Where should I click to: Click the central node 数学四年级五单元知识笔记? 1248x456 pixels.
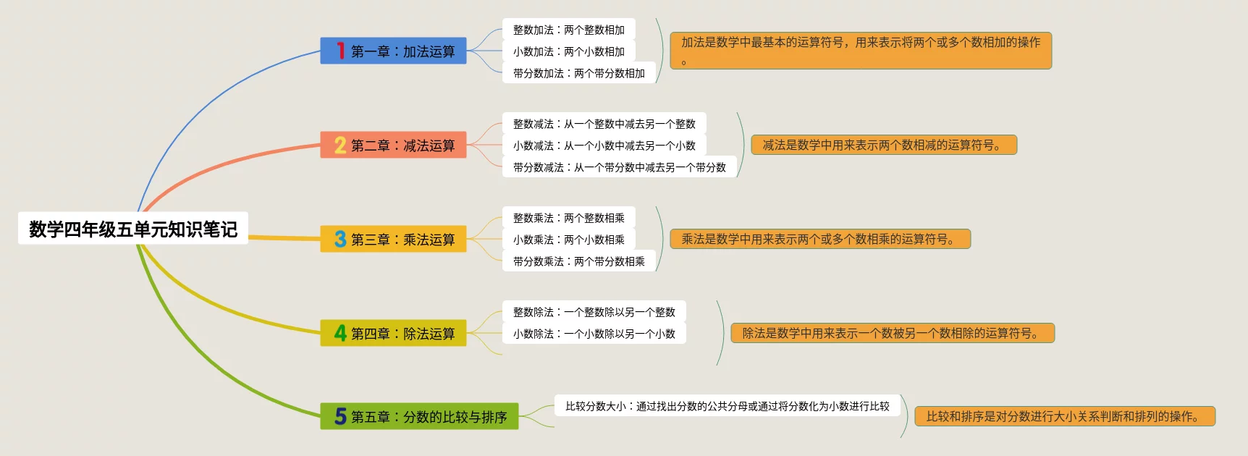pyautogui.click(x=133, y=229)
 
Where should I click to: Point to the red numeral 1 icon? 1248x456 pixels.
pyautogui.click(x=340, y=51)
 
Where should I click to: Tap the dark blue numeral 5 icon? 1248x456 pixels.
pyautogui.click(x=340, y=416)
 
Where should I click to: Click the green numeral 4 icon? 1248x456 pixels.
pyautogui.click(x=340, y=333)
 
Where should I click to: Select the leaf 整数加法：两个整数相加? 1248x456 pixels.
pyautogui.click(x=568, y=30)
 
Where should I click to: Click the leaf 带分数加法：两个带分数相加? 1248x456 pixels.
pyautogui.click(x=578, y=73)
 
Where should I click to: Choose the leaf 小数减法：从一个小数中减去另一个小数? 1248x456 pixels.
pyautogui.click(x=604, y=145)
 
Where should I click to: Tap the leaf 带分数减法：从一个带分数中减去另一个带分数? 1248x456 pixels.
pyautogui.click(x=619, y=167)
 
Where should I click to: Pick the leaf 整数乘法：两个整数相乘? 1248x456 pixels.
pyautogui.click(x=568, y=218)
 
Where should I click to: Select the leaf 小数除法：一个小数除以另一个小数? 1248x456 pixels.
pyautogui.click(x=594, y=334)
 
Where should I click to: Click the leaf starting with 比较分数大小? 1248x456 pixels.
pyautogui.click(x=727, y=406)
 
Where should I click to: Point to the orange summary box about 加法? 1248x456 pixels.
pyautogui.click(x=860, y=50)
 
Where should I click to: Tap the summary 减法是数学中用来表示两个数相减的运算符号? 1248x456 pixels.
pyautogui.click(x=883, y=145)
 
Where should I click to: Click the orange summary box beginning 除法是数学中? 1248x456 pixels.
pyautogui.click(x=892, y=333)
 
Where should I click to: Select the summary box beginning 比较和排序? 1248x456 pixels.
pyautogui.click(x=1064, y=416)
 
